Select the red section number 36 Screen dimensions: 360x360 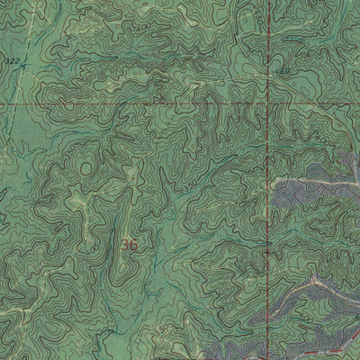tap(129, 244)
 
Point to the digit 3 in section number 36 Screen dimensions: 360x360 tap(124, 244)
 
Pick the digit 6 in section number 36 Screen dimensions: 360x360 tap(134, 244)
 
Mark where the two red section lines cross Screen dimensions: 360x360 tap(269, 103)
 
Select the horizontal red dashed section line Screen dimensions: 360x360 tap(135, 103)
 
